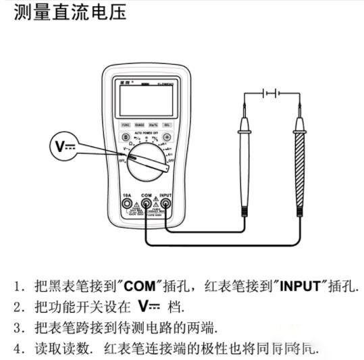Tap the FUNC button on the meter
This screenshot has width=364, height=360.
click(125, 125)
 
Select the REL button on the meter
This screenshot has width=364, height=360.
click(166, 125)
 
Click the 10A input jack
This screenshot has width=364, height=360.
click(126, 203)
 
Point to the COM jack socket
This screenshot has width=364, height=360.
click(145, 203)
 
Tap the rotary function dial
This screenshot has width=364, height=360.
click(145, 162)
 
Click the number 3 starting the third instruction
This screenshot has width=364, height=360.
click(18, 329)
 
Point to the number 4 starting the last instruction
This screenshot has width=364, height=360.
click(18, 350)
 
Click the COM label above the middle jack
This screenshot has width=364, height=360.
click(145, 194)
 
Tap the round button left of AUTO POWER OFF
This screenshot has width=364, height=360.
click(125, 137)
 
